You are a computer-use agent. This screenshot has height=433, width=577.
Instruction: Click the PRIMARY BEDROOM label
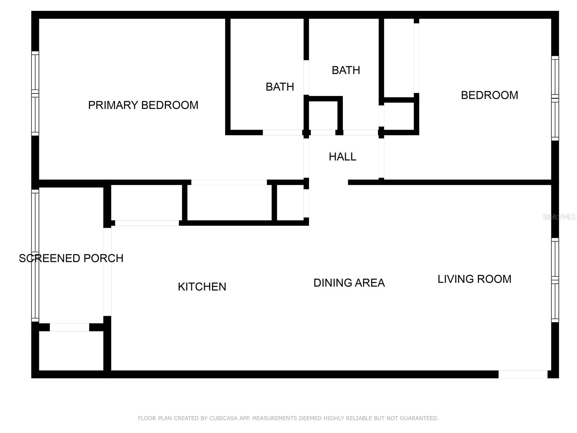[143, 105]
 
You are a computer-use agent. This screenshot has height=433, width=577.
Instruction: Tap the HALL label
[342, 157]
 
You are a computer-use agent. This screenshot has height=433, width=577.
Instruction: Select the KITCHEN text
[202, 287]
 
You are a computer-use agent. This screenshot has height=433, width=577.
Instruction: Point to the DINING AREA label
[349, 283]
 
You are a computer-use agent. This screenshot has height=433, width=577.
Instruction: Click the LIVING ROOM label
[474, 279]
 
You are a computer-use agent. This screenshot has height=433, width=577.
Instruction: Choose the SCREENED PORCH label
[71, 258]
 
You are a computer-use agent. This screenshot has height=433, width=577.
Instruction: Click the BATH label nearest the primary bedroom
[279, 87]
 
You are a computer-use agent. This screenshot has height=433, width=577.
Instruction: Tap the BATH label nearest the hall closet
[345, 70]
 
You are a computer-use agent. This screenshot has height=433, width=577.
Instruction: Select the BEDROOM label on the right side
[489, 95]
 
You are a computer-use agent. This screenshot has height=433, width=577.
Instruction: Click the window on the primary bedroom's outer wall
[35, 93]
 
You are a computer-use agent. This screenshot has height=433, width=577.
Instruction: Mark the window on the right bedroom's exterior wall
[555, 98]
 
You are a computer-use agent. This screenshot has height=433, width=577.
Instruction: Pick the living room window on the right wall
[555, 280]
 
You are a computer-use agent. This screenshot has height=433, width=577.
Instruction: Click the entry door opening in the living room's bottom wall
[523, 375]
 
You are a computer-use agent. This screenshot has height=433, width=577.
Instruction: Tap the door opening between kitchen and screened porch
[107, 271]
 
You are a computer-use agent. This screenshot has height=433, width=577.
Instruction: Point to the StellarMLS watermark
[559, 217]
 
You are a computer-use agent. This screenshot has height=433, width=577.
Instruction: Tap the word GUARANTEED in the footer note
[420, 418]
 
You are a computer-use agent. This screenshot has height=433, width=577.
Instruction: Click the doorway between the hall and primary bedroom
[306, 158]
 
